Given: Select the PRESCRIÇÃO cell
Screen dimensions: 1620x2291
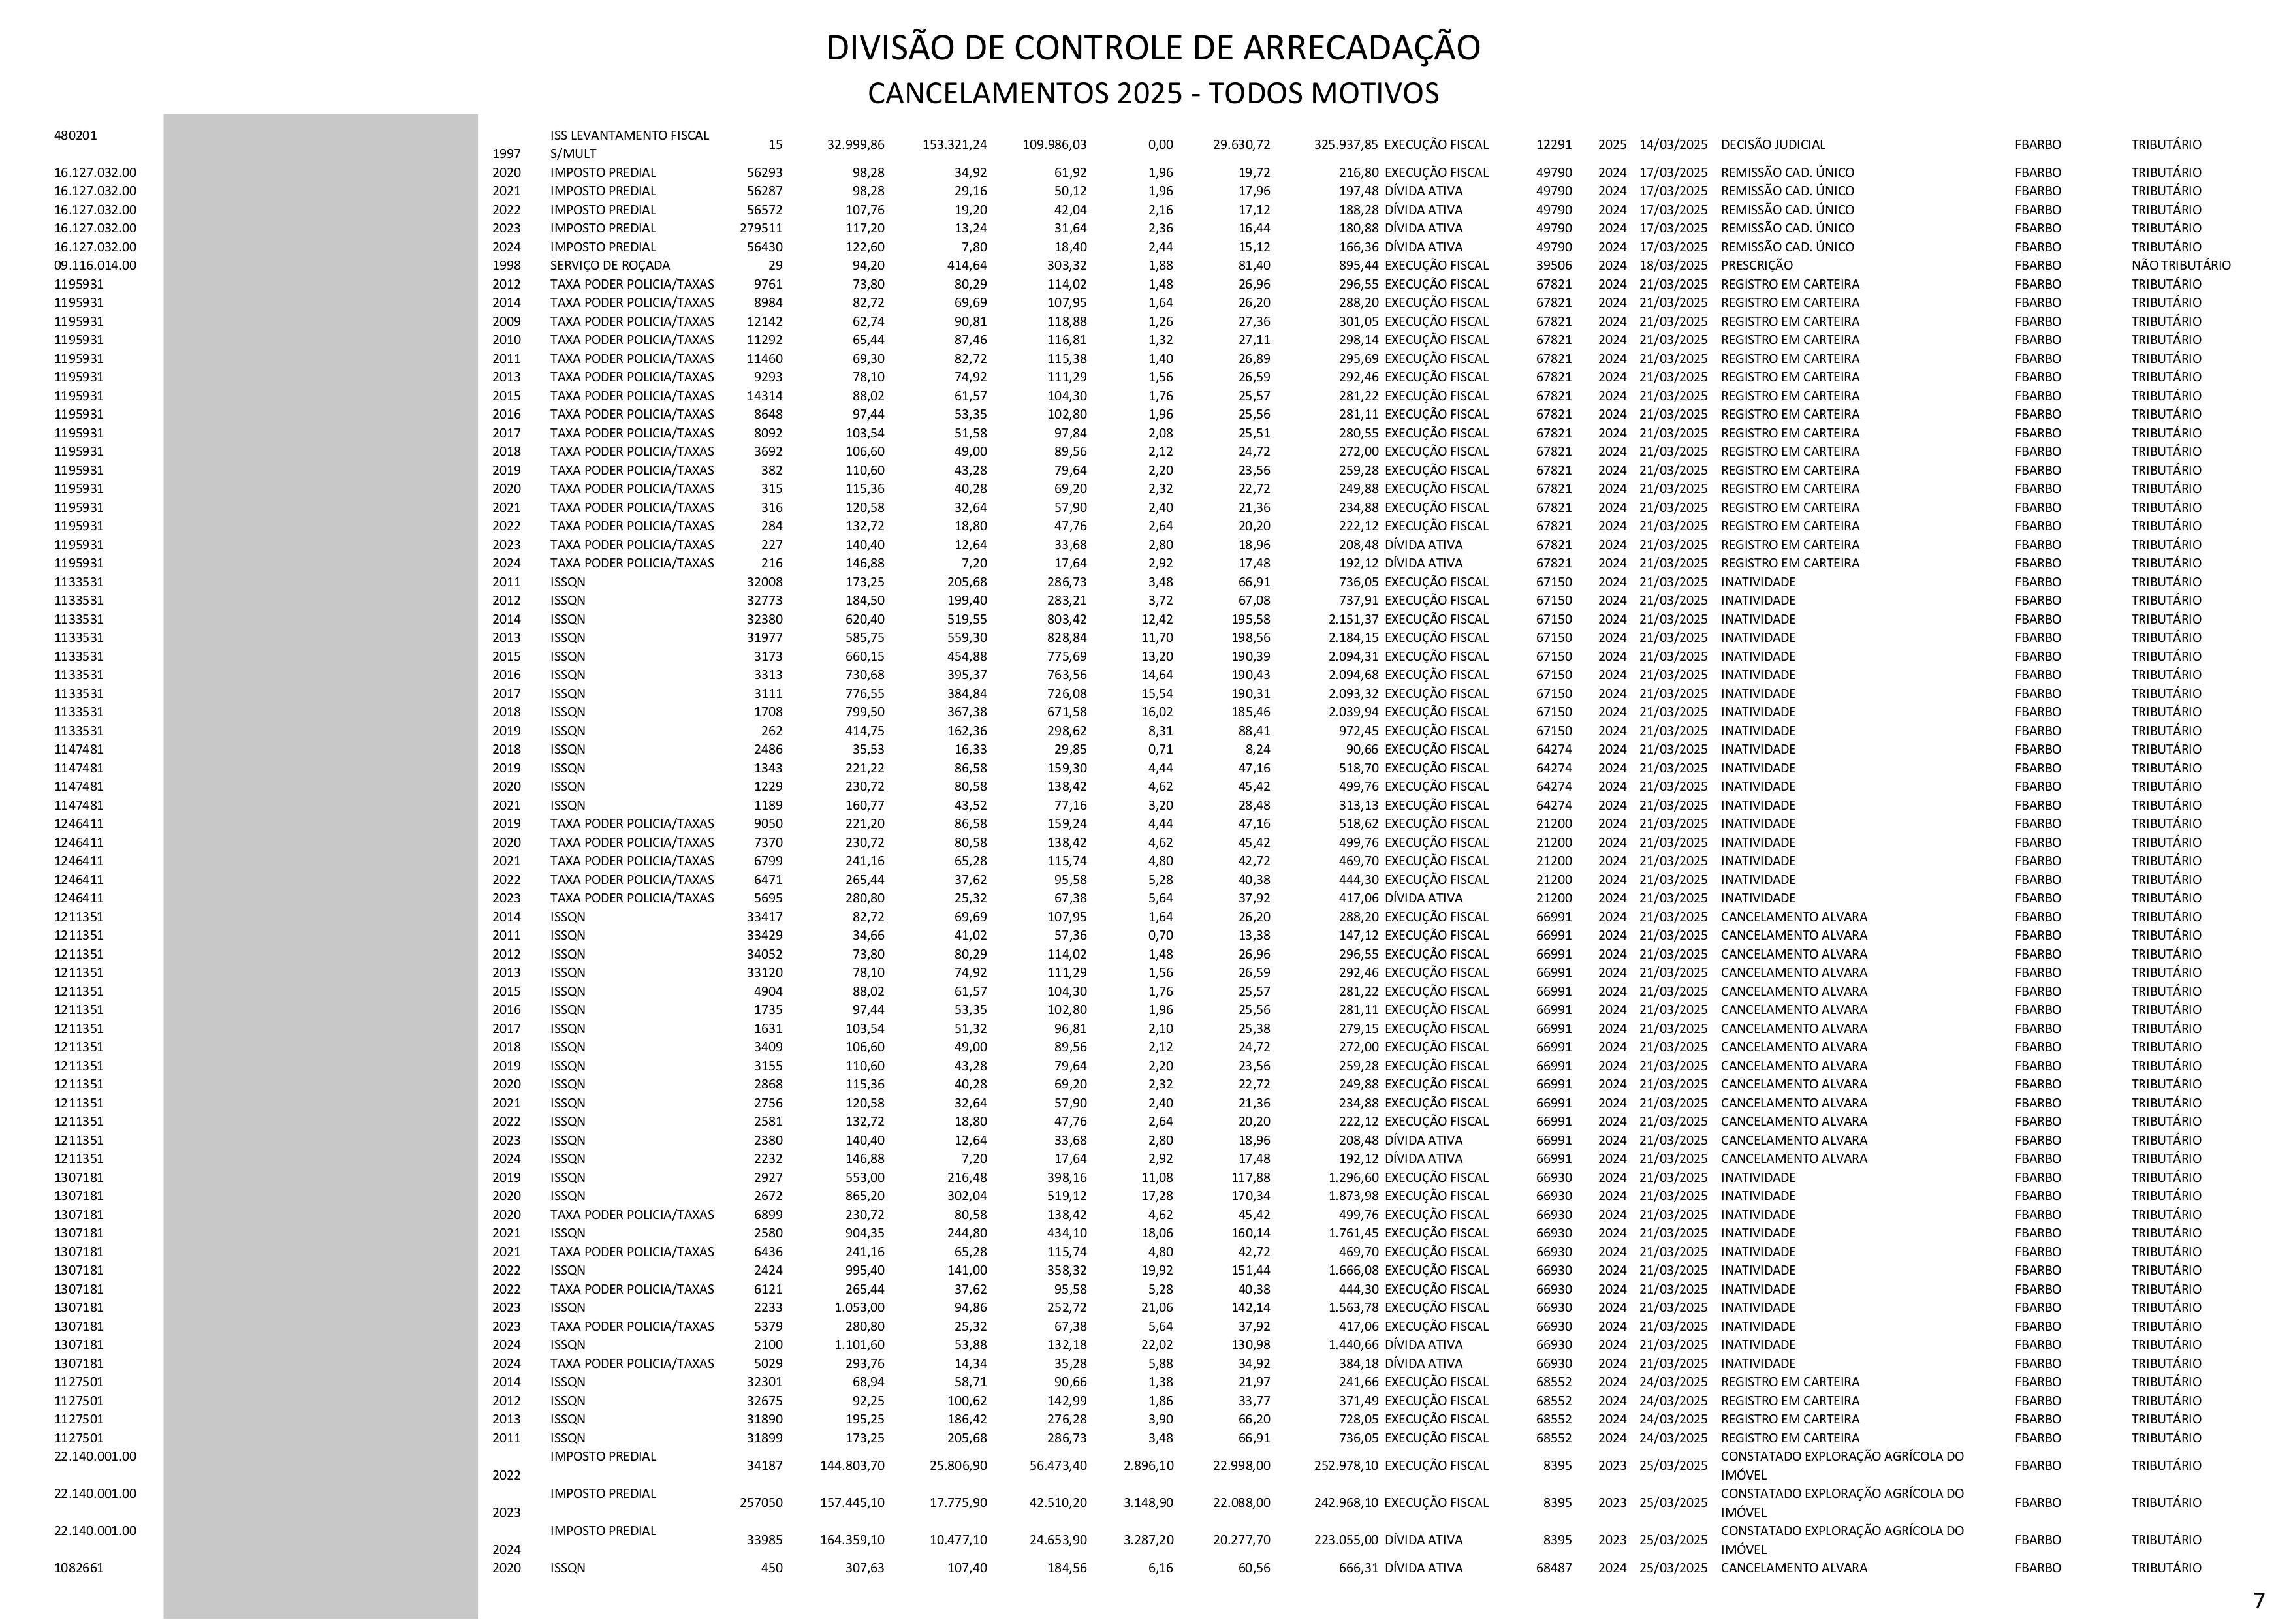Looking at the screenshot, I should pyautogui.click(x=1756, y=266).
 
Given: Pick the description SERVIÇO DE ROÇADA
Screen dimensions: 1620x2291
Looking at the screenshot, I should pyautogui.click(x=610, y=266).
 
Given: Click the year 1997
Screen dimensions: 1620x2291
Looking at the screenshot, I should pyautogui.click(x=506, y=153).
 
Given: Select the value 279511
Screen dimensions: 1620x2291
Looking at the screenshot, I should pyautogui.click(x=761, y=229).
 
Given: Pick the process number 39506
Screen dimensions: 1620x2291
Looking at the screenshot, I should pyautogui.click(x=1554, y=266).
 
